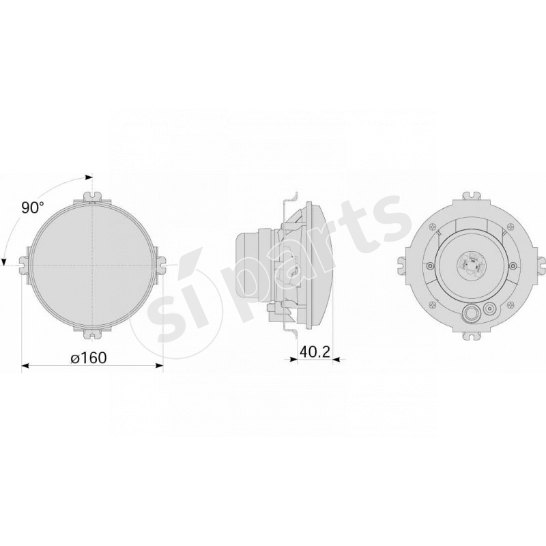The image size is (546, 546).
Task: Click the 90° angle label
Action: click(x=32, y=208)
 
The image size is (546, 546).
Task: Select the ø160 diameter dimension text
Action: click(x=89, y=357)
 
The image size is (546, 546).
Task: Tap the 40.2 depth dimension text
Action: click(x=315, y=351)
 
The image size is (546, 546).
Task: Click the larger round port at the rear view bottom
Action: click(x=471, y=313)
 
